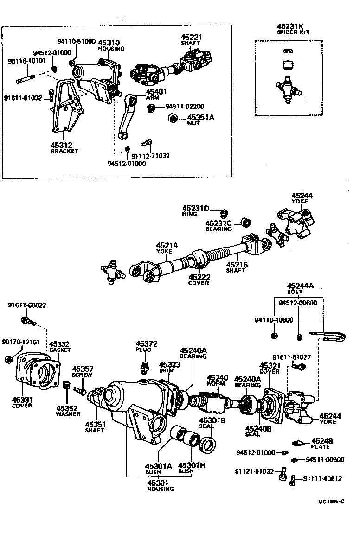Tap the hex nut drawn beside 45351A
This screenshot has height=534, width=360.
[171, 119]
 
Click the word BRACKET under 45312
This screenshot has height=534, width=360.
[65, 151]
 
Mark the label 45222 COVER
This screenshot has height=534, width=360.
[199, 280]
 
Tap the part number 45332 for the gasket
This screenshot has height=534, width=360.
[59, 344]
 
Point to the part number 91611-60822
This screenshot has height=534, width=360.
[27, 305]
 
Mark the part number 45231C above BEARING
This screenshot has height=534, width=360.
[219, 223]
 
